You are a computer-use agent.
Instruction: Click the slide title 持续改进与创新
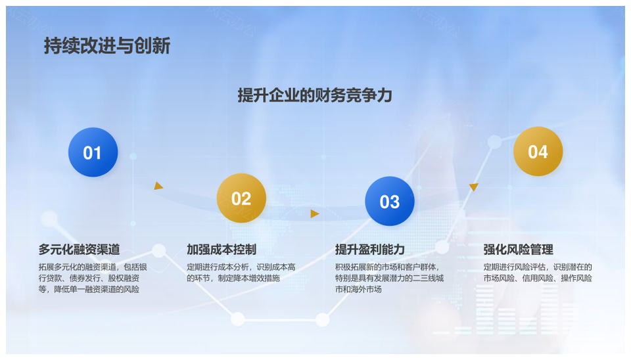coord(107,45)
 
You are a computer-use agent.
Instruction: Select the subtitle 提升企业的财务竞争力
coord(315,95)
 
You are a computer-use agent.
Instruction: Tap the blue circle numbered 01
coord(93,152)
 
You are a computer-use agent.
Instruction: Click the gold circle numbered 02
coord(241,198)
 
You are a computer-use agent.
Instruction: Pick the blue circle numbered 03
coord(390,201)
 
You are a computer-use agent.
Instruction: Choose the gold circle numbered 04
coord(538,151)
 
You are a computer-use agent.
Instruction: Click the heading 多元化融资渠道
coord(80,250)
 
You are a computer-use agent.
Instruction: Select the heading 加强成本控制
coord(222,250)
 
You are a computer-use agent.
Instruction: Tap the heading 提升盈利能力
coord(370,250)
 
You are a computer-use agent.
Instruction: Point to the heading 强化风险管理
coord(519,250)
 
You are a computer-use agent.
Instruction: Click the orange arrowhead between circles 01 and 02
coord(158,186)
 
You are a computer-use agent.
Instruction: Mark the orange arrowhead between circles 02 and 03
coord(315,214)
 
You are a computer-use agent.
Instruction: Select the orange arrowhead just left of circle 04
coord(474,187)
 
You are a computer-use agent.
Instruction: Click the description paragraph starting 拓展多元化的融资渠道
coord(93,278)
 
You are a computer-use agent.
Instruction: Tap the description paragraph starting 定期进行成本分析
coord(241,273)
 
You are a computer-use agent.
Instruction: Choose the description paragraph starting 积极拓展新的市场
coord(390,278)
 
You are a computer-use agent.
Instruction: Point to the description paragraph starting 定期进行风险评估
coord(538,273)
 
